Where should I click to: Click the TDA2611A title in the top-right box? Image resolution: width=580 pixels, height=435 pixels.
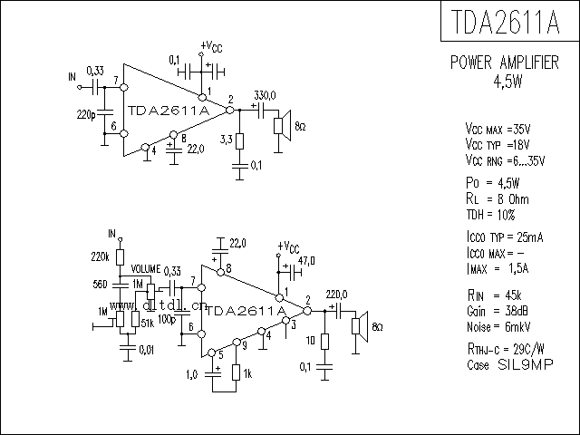(508, 21)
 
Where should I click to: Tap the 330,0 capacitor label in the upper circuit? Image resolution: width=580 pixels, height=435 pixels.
(265, 95)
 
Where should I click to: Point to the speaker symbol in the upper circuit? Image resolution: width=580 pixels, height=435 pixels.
(283, 123)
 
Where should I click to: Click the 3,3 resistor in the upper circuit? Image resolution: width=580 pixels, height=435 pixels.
(240, 140)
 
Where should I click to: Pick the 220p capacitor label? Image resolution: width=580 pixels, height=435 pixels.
(88, 115)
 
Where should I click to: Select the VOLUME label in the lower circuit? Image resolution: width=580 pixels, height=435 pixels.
(145, 270)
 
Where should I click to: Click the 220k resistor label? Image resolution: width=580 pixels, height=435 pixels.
(101, 256)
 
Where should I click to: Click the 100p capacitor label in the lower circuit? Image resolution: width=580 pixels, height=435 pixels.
(167, 319)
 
